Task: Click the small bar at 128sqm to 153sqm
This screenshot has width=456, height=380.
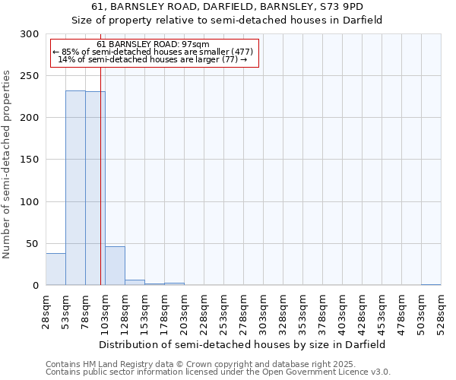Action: coord(135,282)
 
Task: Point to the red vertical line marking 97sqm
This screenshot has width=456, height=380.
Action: coord(100,152)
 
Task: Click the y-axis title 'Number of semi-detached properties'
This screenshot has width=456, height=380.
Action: coord(7,164)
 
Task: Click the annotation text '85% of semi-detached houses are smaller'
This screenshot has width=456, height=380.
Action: coord(153,52)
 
